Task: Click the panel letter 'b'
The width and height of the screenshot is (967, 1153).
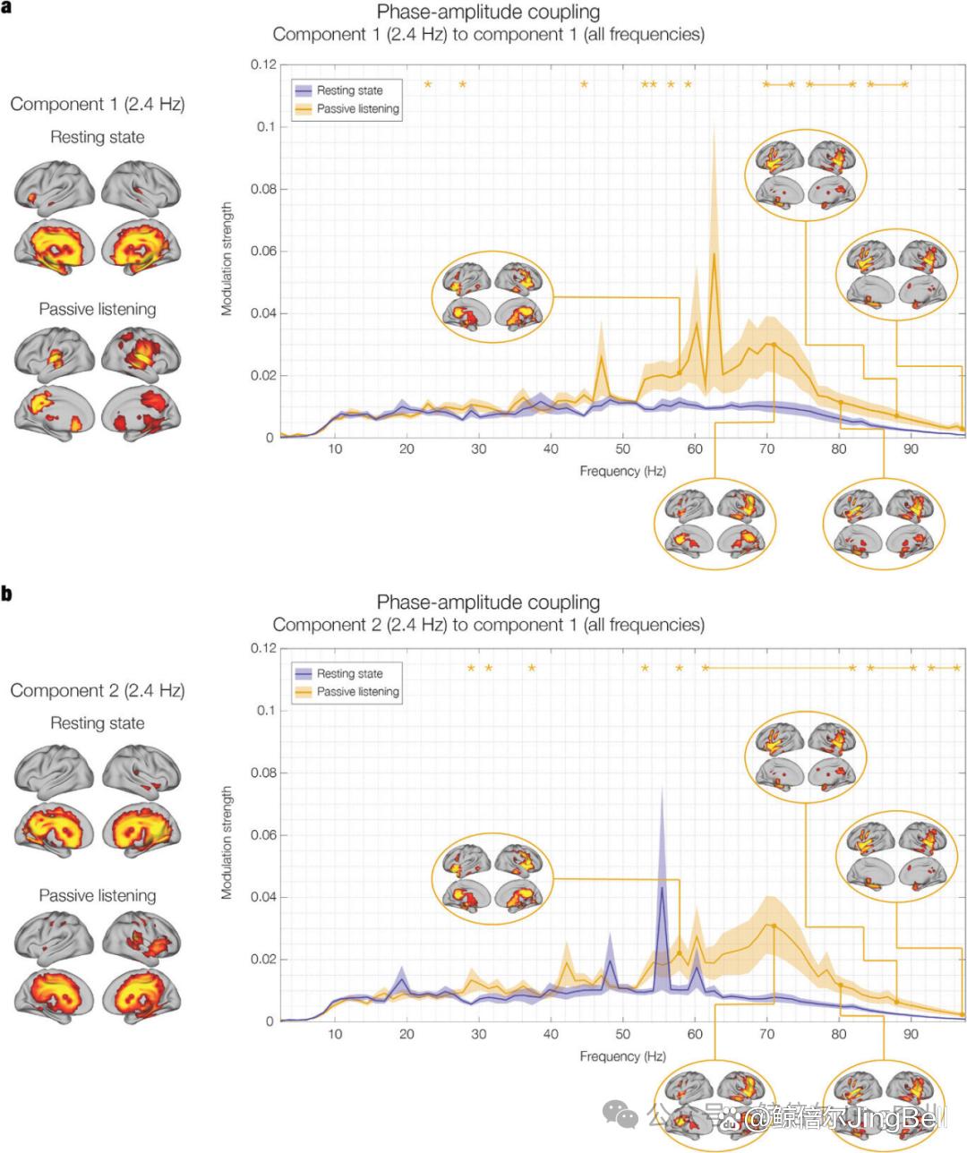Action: (6, 594)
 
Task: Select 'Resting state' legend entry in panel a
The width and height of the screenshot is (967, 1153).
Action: (349, 90)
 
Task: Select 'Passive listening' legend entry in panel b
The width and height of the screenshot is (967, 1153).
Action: (357, 692)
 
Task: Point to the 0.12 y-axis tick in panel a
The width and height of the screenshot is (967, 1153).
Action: (263, 64)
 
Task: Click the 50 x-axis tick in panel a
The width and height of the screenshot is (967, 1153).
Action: (623, 448)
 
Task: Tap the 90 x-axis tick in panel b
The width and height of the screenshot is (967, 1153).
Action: (911, 1034)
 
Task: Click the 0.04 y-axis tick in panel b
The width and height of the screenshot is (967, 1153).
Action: (263, 897)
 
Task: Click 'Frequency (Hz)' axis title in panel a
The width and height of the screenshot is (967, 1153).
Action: (622, 471)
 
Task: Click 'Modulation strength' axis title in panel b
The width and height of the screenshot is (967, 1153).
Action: (227, 842)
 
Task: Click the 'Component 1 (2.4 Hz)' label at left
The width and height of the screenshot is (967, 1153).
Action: (98, 104)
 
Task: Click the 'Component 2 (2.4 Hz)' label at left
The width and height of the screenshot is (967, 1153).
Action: (98, 690)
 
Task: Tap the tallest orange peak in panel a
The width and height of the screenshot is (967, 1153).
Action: (715, 254)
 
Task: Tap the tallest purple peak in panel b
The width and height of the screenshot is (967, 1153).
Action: (662, 887)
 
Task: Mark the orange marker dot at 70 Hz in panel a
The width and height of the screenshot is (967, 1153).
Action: (774, 345)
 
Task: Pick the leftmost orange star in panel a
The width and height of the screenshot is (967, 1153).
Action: (428, 84)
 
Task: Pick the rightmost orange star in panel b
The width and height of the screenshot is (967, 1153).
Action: (956, 668)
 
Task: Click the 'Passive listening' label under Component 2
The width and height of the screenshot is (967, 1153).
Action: (98, 895)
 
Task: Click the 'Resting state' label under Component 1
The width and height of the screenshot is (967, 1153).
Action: (98, 137)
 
